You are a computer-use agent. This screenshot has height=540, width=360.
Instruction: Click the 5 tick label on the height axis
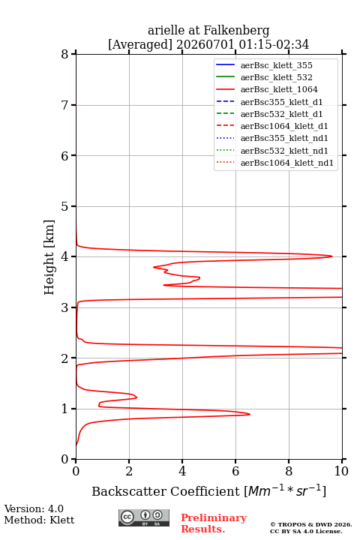(x=65, y=206)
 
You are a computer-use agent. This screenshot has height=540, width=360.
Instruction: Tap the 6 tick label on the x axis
(x=235, y=471)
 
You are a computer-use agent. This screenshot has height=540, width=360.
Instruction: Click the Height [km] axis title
(x=49, y=257)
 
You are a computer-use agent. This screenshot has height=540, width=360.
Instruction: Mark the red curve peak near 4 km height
(x=331, y=256)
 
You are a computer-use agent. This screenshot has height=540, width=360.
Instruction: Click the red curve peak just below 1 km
(x=250, y=414)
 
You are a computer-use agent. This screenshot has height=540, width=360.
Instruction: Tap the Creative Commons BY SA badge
(x=144, y=518)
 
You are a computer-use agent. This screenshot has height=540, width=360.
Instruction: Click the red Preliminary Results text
(x=214, y=523)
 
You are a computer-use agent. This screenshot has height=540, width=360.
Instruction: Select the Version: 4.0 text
(x=34, y=508)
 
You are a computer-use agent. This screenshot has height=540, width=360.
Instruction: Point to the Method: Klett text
(x=39, y=520)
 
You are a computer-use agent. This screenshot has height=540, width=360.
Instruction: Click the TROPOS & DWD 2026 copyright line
(x=311, y=524)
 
